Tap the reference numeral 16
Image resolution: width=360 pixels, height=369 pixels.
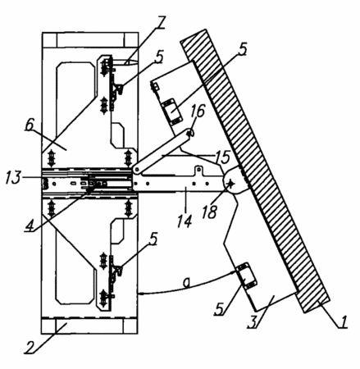[x=199, y=111]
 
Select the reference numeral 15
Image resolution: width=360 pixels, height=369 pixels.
[x=223, y=157]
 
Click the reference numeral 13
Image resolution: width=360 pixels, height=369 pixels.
[x=13, y=178]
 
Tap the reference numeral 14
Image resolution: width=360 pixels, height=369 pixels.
[x=184, y=221]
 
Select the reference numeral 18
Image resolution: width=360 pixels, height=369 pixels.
[x=210, y=212]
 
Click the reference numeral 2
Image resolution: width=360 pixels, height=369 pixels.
[x=30, y=347]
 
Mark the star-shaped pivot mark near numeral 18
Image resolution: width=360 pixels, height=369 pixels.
[x=231, y=184]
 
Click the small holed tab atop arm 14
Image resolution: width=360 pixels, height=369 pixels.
[x=198, y=171]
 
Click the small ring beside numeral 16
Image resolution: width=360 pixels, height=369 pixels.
[x=191, y=133]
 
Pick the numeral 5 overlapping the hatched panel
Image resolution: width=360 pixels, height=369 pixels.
[x=241, y=49]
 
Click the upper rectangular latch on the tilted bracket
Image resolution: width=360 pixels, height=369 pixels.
[x=173, y=112]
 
